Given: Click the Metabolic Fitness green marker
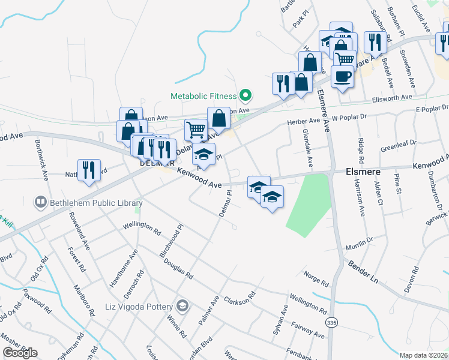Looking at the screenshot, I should click(245, 95).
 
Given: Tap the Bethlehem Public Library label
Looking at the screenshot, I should click(96, 203).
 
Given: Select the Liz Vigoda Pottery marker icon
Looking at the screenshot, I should click(183, 307).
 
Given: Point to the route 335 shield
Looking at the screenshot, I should click(332, 323).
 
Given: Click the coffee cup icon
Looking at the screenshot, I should click(343, 76).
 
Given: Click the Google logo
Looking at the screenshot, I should click(20, 353).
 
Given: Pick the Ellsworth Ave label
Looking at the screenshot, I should click(392, 97).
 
